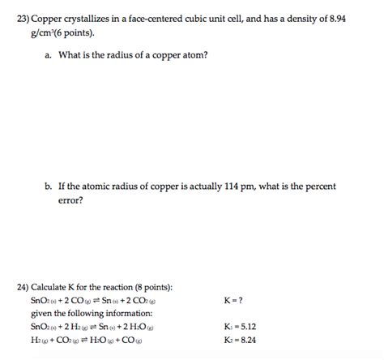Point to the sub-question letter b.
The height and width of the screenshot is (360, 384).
49,186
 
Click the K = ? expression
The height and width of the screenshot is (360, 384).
236,300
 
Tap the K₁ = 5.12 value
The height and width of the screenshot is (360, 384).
240,327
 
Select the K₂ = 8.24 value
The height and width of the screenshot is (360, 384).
240,340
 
